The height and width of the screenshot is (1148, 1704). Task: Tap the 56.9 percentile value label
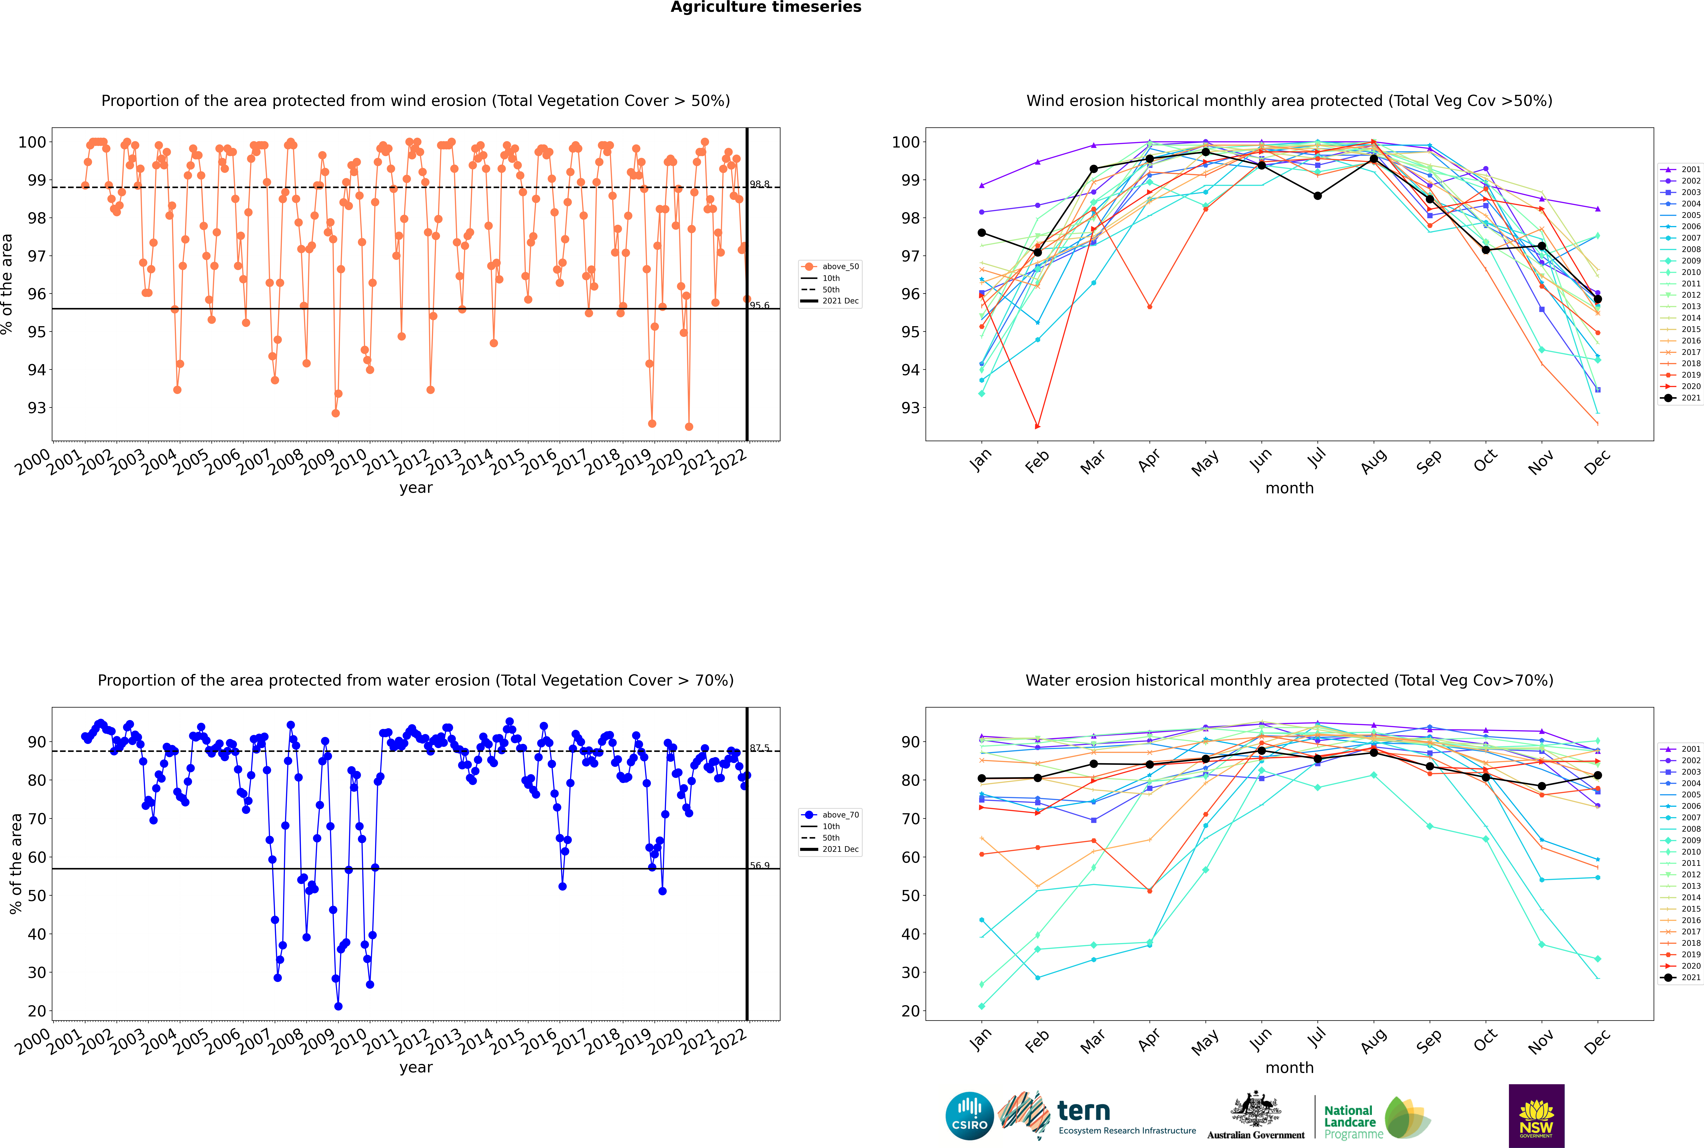(x=760, y=865)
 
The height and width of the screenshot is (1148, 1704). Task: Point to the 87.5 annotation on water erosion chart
(x=760, y=748)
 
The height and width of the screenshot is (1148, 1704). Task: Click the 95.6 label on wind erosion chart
(x=760, y=305)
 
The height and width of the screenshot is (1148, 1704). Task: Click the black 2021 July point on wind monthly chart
(x=1317, y=196)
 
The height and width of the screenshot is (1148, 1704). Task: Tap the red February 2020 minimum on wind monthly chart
(x=1037, y=426)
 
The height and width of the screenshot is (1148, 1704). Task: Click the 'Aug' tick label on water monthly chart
(x=1374, y=1040)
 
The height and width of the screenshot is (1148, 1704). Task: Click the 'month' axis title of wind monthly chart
(x=1289, y=488)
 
